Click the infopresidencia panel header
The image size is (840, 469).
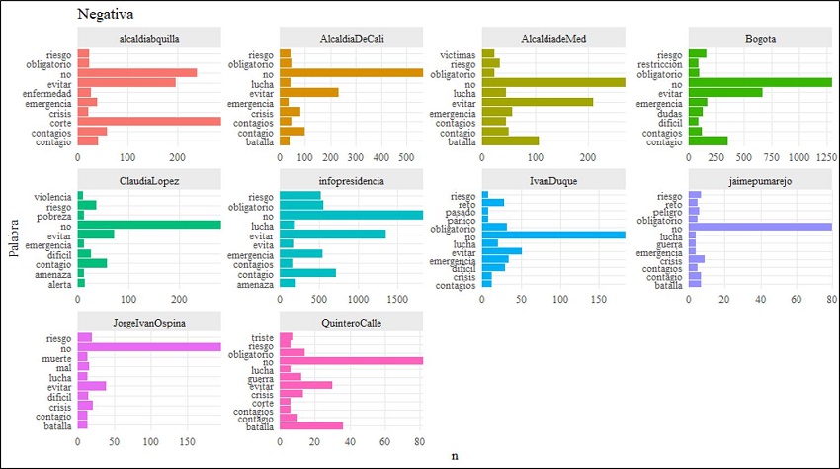click(x=352, y=181)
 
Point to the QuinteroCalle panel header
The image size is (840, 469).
click(x=352, y=324)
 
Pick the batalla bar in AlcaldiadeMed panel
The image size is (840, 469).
click(x=510, y=141)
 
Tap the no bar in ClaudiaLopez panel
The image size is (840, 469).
click(x=149, y=225)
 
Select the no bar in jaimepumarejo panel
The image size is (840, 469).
click(x=760, y=227)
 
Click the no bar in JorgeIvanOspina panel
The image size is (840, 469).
click(x=149, y=347)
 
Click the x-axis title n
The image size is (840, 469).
click(x=455, y=456)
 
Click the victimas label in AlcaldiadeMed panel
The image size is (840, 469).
click(x=457, y=54)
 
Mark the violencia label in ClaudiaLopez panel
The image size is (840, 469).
click(x=51, y=196)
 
